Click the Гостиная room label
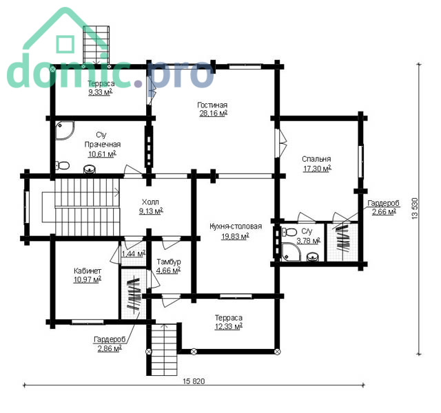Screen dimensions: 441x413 [x=212, y=105]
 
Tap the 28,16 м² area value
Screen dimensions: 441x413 [x=214, y=114]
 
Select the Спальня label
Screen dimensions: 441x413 [x=316, y=159]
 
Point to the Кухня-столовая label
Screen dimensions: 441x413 [x=236, y=226]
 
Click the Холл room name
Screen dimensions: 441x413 [x=150, y=202]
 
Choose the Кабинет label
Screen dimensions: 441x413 [x=88, y=271]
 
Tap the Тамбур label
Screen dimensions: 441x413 [x=169, y=262]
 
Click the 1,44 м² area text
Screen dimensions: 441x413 [x=134, y=254]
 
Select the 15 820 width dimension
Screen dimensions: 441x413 [x=194, y=381]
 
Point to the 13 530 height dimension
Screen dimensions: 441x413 [x=415, y=209]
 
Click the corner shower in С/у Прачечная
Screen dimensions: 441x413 [x=64, y=130]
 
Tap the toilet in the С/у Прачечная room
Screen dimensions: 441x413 [x=62, y=165]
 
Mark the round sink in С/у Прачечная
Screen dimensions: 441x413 [x=90, y=169]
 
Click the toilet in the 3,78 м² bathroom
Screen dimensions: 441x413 [x=289, y=232]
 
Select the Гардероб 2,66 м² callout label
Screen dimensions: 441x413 [x=384, y=207]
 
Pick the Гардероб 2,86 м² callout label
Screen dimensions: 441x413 [x=110, y=344]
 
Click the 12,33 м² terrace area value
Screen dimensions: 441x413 [x=229, y=327]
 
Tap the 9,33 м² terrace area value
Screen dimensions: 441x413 [x=101, y=92]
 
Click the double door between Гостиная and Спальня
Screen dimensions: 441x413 [x=280, y=143]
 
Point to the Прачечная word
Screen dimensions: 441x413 [x=103, y=145]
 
